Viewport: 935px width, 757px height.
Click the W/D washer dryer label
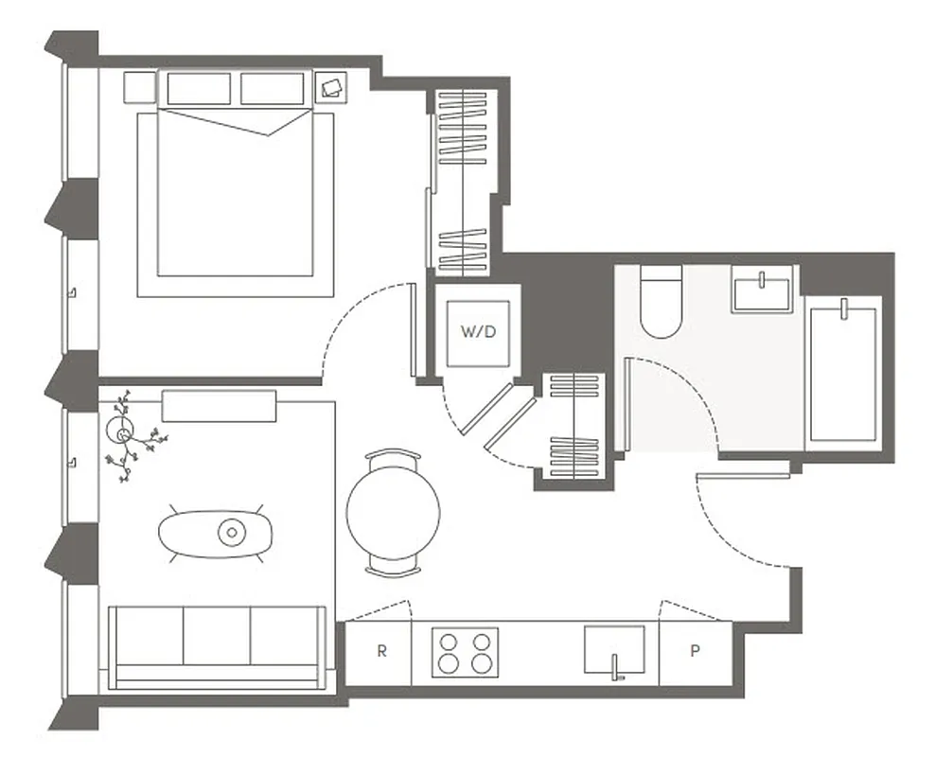(478, 332)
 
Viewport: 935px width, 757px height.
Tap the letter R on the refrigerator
(381, 651)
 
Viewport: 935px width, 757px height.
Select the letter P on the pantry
(695, 651)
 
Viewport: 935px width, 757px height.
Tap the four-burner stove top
(466, 651)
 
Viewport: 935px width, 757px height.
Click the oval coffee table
(217, 534)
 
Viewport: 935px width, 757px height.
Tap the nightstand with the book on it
(332, 88)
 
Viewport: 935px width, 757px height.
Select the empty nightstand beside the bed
(139, 88)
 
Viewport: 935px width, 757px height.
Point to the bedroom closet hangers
(461, 180)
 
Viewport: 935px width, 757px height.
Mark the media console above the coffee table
(220, 405)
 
